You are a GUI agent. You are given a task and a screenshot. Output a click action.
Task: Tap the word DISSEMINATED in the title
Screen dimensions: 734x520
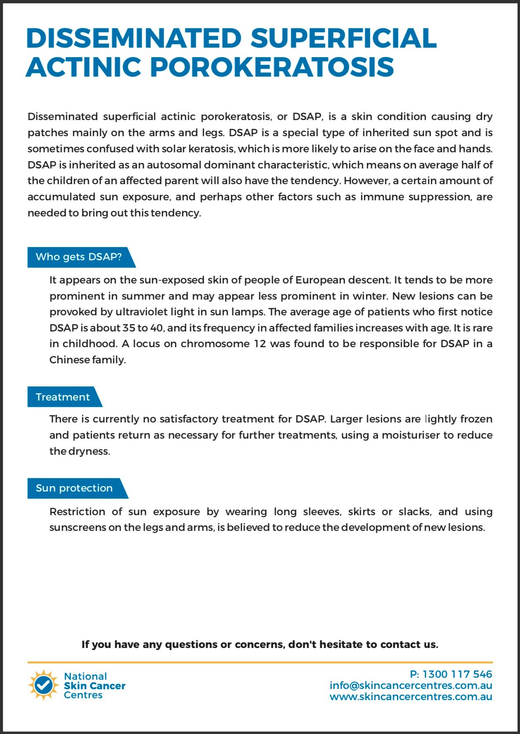coord(134,38)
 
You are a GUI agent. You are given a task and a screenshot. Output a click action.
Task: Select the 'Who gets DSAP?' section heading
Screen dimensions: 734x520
coord(79,257)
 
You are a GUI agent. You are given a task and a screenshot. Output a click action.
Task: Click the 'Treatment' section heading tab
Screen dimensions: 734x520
coord(62,397)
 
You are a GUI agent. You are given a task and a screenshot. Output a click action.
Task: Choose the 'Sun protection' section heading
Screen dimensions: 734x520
coord(74,488)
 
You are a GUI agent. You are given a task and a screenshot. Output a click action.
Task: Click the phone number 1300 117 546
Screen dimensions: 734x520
coord(457,674)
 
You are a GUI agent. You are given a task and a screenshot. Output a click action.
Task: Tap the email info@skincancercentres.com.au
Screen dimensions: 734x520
coord(410,685)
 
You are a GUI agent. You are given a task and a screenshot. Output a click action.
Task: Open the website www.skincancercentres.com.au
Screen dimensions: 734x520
coord(410,696)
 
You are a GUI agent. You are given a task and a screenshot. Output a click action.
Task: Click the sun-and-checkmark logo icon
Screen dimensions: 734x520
coord(43,685)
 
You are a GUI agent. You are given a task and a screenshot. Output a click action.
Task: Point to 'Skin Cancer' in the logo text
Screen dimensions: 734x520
coord(94,686)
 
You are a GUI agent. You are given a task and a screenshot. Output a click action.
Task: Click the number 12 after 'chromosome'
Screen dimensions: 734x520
coord(260,344)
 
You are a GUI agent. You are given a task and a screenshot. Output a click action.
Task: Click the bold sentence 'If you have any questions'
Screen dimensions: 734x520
coord(260,644)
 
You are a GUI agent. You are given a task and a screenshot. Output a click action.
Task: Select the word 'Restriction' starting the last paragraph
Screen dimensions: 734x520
coord(77,512)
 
